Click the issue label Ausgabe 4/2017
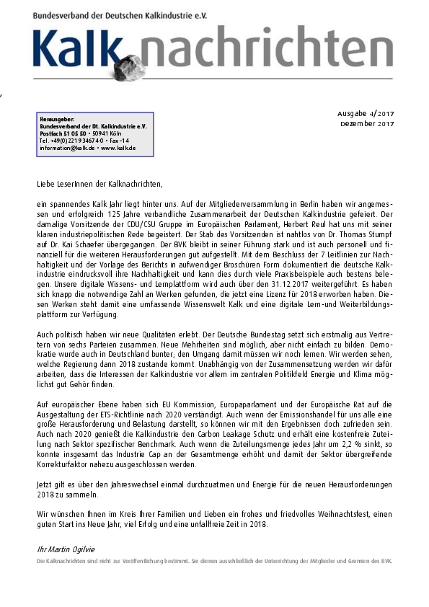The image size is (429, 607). tap(366, 114)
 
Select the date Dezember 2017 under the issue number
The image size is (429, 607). tap(367, 124)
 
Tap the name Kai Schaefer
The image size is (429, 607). tap(82, 244)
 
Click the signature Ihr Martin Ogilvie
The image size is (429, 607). tap(67, 549)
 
